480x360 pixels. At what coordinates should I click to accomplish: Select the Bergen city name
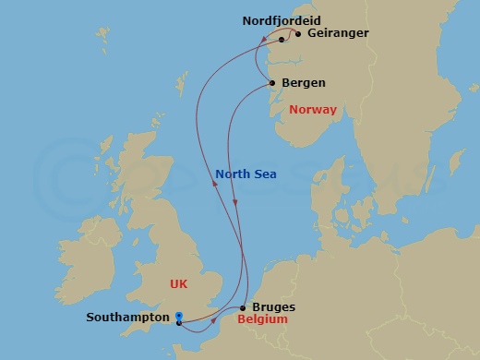303,83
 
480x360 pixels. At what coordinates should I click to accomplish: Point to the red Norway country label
313,110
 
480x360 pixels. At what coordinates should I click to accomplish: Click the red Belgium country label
263,320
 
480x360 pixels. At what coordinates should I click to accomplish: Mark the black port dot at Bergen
273,84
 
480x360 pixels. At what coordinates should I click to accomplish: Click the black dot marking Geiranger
297,34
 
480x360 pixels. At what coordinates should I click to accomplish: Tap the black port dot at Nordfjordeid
282,40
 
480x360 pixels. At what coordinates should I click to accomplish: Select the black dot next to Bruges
243,308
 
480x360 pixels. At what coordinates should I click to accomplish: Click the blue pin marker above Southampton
178,314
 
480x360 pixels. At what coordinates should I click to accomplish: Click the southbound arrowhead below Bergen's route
237,201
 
